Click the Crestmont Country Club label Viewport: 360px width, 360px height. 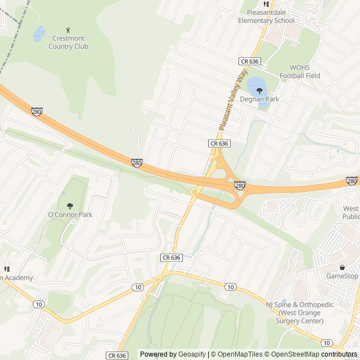pyautogui.click(x=69, y=42)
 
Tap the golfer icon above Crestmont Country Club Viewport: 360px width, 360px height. pyautogui.click(x=69, y=30)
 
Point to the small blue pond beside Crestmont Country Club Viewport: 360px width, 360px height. pyautogui.click(x=39, y=34)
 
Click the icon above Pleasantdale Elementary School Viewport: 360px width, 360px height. pyautogui.click(x=266, y=4)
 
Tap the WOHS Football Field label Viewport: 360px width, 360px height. pyautogui.click(x=300, y=71)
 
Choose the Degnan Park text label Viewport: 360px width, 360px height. pyautogui.click(x=259, y=99)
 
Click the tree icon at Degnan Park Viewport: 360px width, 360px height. pyautogui.click(x=259, y=90)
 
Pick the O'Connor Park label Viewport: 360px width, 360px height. pyautogui.click(x=70, y=214)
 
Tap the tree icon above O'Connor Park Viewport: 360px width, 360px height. pyautogui.click(x=70, y=206)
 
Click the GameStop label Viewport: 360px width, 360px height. pyautogui.click(x=342, y=276)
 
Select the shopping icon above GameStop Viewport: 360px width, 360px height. pyautogui.click(x=342, y=267)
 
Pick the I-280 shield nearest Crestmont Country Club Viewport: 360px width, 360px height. pyautogui.click(x=37, y=112)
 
